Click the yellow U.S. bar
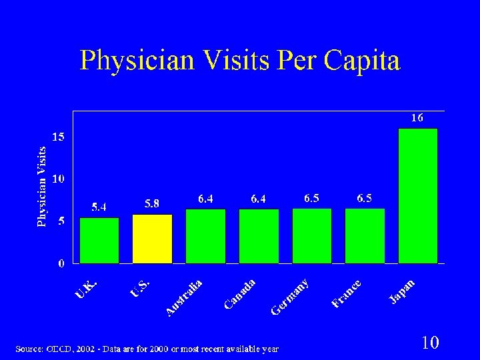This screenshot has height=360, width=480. pos(152,239)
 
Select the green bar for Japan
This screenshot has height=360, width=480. pos(417,196)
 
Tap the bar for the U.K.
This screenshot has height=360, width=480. pos(99,240)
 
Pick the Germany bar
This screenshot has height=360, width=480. pos(311,236)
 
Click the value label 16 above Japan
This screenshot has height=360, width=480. pos(416,118)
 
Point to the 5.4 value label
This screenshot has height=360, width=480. pos(99,207)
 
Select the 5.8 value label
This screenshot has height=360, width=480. pos(152,203)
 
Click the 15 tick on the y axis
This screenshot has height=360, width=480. pos(59,137)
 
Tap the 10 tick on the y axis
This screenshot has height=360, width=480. pos(59,179)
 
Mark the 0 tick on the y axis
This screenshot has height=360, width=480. pos(61,263)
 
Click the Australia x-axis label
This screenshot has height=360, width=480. pos(184,297)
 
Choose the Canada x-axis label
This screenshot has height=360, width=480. pos(239,294)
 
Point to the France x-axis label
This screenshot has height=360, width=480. pos(347,294)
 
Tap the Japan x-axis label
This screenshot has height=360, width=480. pos(403,292)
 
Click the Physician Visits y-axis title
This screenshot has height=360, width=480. pos(42,187)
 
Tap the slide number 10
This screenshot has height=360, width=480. pos(430,343)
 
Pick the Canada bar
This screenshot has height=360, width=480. pos(259,236)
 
